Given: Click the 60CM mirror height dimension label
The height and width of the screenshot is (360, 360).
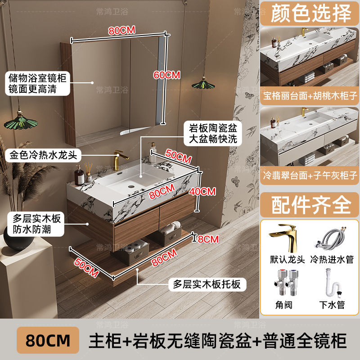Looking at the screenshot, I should point(166,75).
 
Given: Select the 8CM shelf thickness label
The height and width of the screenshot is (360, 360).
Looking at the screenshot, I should point(208,239).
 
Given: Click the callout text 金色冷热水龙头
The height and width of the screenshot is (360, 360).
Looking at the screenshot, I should point(43,156).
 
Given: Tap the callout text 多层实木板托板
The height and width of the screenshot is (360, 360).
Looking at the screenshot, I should point(207,284).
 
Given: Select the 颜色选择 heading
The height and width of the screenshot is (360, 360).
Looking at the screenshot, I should point(310,14).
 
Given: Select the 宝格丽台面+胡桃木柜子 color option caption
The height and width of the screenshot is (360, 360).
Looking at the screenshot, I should point(310,96).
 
